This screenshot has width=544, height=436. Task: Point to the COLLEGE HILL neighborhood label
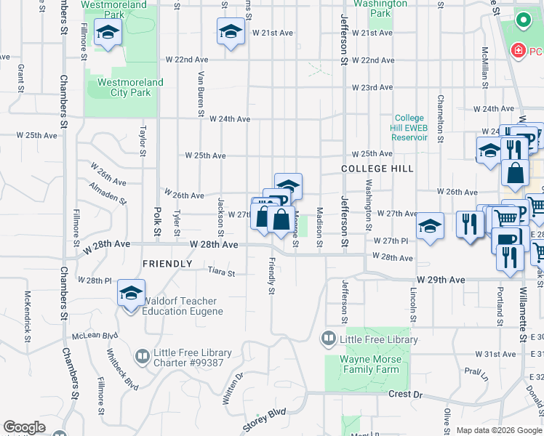pos(377,169)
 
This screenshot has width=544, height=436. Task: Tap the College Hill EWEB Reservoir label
pos(409,127)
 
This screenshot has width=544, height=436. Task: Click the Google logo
pos(25,427)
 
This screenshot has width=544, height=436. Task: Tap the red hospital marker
pos(518,51)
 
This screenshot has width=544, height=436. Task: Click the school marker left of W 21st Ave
pos(230,31)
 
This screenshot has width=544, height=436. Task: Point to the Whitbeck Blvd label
pos(121,368)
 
